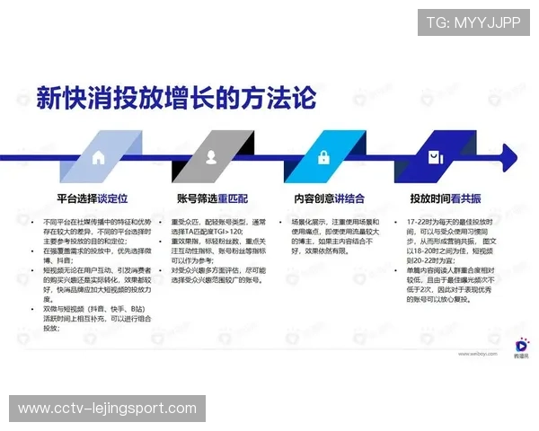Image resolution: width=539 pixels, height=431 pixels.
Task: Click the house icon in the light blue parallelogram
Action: click(x=98, y=157)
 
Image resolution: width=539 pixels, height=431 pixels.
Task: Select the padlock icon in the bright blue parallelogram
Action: click(x=323, y=157)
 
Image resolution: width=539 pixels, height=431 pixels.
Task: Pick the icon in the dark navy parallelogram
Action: click(x=435, y=157)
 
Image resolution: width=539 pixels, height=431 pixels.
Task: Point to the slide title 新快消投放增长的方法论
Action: click(x=176, y=97)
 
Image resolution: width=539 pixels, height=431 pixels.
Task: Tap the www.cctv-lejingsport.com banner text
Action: click(x=107, y=409)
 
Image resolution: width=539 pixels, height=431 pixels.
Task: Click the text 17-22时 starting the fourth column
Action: click(x=420, y=221)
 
